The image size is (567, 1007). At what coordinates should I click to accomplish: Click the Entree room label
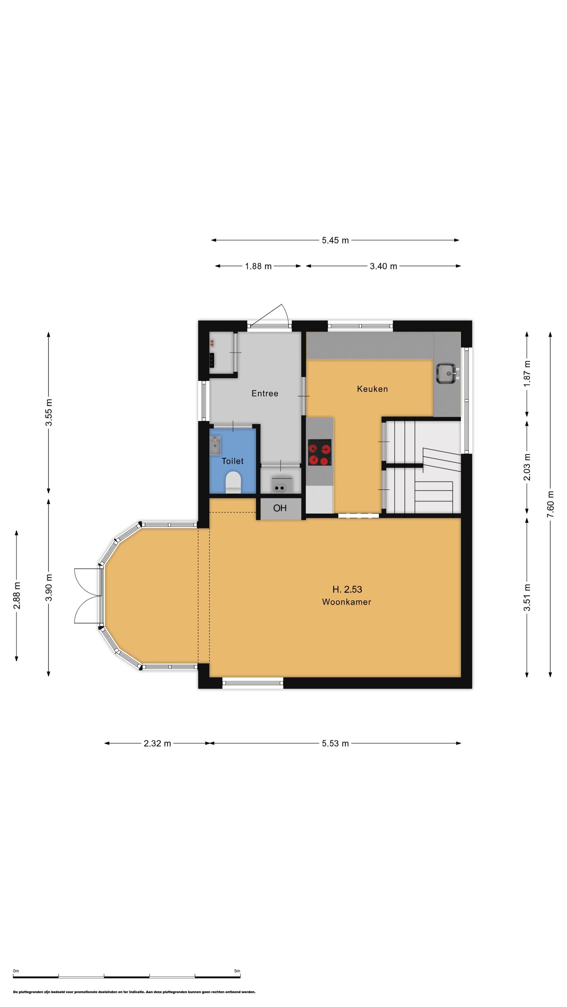coord(265,393)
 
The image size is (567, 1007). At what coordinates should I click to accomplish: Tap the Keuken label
coord(372,389)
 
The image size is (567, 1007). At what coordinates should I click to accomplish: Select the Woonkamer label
coord(346,602)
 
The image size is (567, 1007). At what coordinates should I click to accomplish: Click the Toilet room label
coord(232,461)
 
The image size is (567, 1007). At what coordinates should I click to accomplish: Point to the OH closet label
coord(280,508)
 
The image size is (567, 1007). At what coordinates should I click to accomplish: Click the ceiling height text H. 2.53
coord(347,589)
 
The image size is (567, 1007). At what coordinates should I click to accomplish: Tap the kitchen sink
coord(446,374)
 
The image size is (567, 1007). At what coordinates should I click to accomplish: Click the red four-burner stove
coord(320,452)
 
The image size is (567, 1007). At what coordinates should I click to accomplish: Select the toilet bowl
coord(233,483)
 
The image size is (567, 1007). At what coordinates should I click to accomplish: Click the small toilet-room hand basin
coord(215,445)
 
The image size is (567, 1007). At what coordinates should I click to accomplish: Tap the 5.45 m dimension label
coord(335,240)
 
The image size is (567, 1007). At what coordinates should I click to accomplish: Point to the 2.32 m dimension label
coord(157,743)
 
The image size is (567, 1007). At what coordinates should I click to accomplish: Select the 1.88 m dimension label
coord(258,266)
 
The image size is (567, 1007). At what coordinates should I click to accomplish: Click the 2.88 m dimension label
coord(17,596)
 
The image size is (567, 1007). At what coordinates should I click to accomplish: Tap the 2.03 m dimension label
coord(527,467)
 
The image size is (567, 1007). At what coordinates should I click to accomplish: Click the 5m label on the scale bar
coord(237,971)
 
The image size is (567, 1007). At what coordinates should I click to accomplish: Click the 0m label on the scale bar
coord(16,971)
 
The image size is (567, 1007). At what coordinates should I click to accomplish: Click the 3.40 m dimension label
coord(383,266)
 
